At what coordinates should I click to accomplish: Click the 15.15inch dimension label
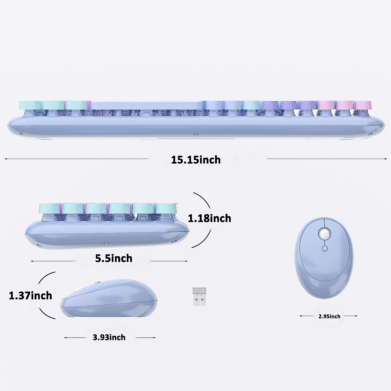tap(196, 160)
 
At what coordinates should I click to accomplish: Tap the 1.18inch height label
tap(210, 218)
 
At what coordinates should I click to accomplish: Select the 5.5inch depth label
tap(114, 258)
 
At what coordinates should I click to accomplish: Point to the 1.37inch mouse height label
tap(30, 296)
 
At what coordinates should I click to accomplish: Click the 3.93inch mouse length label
tap(109, 337)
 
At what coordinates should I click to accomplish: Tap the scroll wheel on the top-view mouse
tap(325, 234)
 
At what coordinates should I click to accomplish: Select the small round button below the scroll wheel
tap(325, 249)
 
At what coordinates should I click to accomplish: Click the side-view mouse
tap(109, 300)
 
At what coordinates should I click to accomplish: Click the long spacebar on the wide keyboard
tap(148, 105)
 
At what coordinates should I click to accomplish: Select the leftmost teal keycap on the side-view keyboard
tap(50, 208)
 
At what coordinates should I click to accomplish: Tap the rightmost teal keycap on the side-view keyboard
tap(166, 208)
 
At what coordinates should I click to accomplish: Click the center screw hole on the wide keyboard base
tap(195, 134)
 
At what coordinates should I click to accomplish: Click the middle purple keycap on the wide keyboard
tap(287, 105)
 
